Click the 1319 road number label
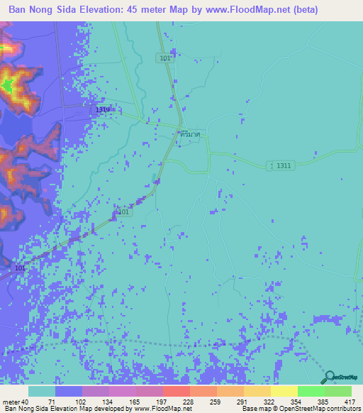[103, 110]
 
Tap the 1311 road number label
[284, 165]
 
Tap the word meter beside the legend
[11, 402]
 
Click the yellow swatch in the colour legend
[284, 391]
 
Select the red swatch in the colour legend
[176, 391]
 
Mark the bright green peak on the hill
[9, 87]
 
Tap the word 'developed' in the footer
[108, 409]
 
